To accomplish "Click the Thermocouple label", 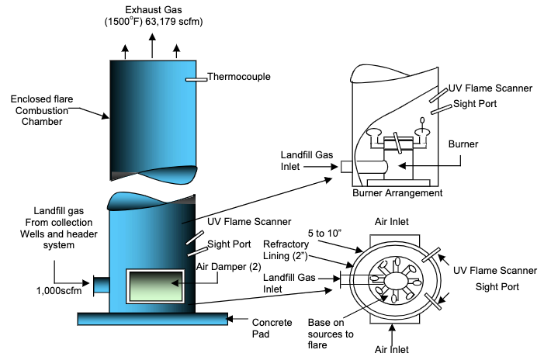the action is [x=239, y=77].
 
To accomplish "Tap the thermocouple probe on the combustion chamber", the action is [x=196, y=80].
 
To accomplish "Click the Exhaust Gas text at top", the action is [x=154, y=10].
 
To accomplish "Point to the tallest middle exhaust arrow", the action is [x=152, y=46].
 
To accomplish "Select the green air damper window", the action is [x=155, y=286].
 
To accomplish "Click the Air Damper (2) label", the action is [x=228, y=267].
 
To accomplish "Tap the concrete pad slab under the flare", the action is [x=153, y=319].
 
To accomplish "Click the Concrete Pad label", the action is [x=272, y=328].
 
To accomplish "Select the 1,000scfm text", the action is [x=59, y=291].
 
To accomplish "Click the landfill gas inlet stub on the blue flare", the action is [x=102, y=286].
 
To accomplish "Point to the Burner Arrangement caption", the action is [x=397, y=193].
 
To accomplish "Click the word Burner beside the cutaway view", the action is [x=463, y=144].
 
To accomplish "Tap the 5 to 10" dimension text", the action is [x=324, y=234].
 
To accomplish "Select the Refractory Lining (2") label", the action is [x=286, y=250].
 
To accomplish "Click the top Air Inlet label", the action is [x=391, y=222].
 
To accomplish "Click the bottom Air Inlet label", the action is [x=391, y=349].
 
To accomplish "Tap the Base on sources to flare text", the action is [x=331, y=334].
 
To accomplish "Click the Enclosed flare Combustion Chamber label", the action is [x=42, y=110].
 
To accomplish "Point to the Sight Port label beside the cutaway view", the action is [x=475, y=104].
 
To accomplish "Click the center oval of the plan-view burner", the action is [x=396, y=280].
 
